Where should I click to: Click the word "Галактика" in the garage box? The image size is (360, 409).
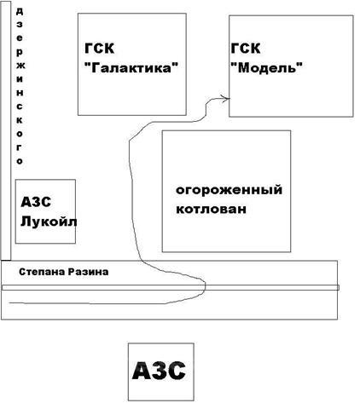click(x=131, y=68)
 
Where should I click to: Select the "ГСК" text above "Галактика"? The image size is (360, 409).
click(x=99, y=49)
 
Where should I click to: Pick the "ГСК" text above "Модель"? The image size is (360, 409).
click(x=246, y=49)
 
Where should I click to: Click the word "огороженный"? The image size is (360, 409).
click(x=229, y=190)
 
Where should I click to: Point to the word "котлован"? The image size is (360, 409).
click(x=211, y=209)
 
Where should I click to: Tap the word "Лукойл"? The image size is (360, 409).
click(x=49, y=222)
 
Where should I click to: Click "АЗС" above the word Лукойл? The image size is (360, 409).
click(x=36, y=202)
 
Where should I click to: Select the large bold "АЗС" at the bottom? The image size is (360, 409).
click(x=159, y=371)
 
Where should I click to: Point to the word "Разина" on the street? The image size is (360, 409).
click(x=89, y=272)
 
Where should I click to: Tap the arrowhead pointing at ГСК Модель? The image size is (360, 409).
click(x=227, y=99)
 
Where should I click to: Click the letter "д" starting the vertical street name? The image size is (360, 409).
click(x=20, y=11)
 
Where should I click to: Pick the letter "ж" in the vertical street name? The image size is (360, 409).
click(x=20, y=66)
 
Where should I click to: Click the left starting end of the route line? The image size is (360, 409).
click(x=9, y=303)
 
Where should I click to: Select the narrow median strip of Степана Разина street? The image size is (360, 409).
click(x=171, y=287)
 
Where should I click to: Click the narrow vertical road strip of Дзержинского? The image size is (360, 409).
click(x=6, y=130)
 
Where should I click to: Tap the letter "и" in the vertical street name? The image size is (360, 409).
click(x=20, y=79)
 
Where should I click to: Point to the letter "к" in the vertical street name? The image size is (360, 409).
click(x=20, y=120)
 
